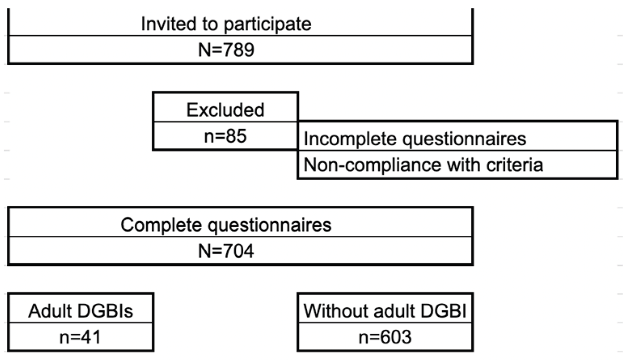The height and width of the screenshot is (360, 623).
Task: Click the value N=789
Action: (226, 50)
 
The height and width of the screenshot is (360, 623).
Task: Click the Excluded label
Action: (225, 110)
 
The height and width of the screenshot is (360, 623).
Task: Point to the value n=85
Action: (225, 136)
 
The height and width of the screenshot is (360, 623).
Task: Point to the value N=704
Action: (226, 251)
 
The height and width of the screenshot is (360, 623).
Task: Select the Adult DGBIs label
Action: (80, 311)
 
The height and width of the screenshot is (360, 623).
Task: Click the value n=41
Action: (80, 337)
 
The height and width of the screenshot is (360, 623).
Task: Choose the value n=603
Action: (385, 337)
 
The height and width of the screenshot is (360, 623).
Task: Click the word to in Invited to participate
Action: (210, 24)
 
